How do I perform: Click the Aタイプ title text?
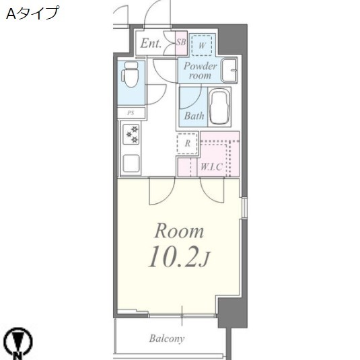pos(32,13)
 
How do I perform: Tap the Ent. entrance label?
pos(151,44)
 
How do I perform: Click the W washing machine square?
pos(202,44)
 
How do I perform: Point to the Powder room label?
pos(200,71)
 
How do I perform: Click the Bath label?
pos(194,116)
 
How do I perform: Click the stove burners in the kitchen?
pos(131,135)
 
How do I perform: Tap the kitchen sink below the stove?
pos(131,163)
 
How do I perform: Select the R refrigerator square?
pos(187,143)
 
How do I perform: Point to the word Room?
pos(179,232)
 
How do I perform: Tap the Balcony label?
pos(167,338)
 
